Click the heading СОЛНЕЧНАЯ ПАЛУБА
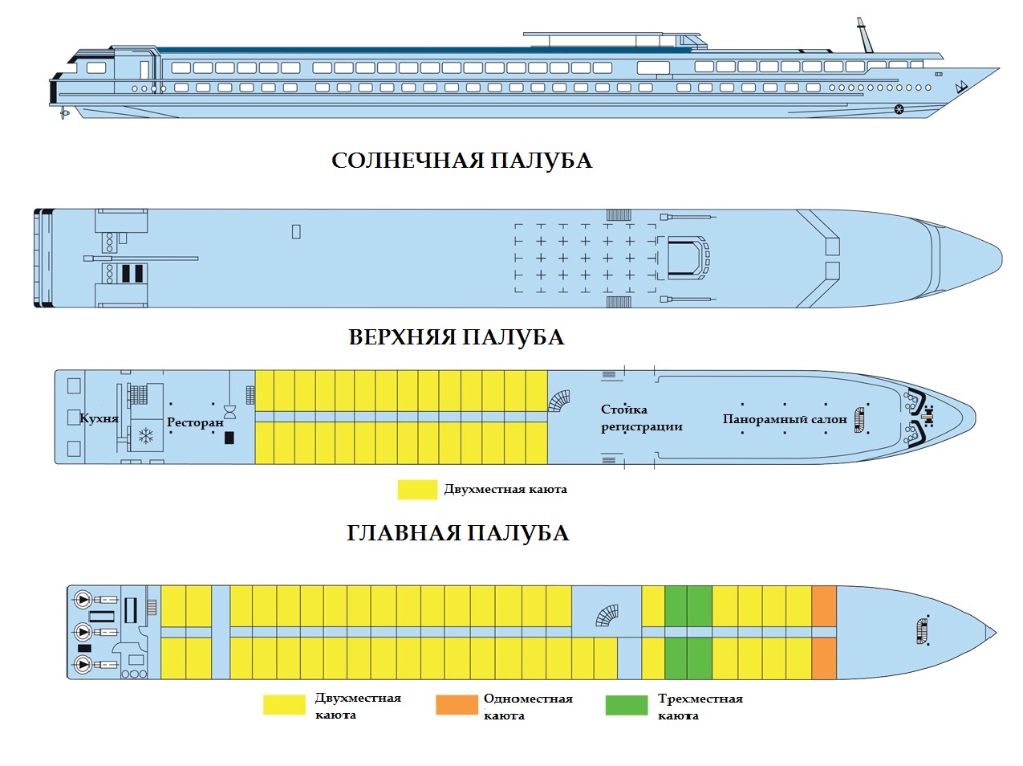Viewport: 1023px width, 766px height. click(461, 161)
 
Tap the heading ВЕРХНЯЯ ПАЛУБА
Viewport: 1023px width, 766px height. click(456, 337)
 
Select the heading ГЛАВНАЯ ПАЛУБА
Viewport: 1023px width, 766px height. click(457, 533)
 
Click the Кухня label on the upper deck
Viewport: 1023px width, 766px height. click(99, 418)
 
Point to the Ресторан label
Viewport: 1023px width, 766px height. click(195, 422)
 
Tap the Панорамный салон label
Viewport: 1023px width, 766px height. click(784, 419)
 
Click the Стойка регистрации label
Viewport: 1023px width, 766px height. click(641, 418)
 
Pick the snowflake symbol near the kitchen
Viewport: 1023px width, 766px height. click(146, 436)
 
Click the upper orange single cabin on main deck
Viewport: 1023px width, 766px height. click(824, 605)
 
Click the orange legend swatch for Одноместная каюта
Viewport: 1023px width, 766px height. click(456, 705)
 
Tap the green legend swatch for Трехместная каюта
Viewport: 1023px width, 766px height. click(626, 705)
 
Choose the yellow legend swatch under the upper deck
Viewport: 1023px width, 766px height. click(417, 489)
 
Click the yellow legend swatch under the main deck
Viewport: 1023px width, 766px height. click(284, 705)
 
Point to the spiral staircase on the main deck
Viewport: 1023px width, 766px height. click(607, 616)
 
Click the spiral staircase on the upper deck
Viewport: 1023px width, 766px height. click(559, 401)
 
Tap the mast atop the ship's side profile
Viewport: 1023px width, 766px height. click(863, 35)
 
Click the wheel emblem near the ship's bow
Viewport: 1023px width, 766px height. click(899, 109)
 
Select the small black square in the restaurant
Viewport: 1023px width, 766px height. click(229, 438)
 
